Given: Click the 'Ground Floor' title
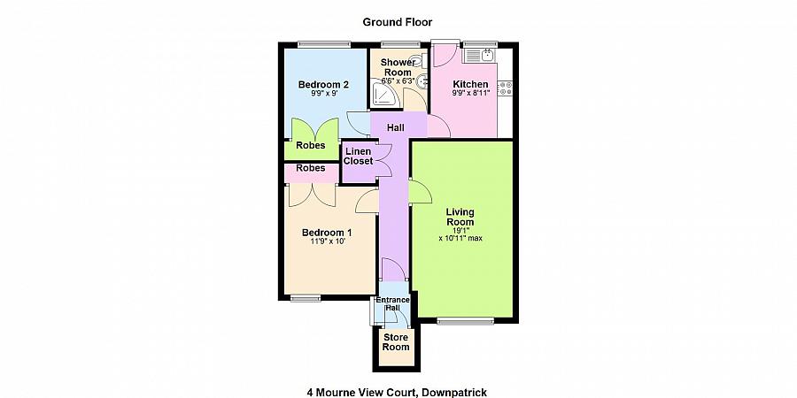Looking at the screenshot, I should (398, 21).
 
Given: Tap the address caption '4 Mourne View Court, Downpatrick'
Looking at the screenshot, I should (397, 390).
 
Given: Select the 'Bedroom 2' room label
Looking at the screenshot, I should (322, 85).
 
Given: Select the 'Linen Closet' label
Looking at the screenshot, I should (358, 157).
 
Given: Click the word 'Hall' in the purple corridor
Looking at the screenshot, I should (395, 128).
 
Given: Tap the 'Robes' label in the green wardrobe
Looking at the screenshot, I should (310, 146).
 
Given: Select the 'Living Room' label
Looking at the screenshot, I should (460, 217).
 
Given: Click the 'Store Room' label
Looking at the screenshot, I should (396, 342).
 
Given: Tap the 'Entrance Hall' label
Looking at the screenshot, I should (392, 303).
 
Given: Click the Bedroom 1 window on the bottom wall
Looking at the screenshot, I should (306, 298).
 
